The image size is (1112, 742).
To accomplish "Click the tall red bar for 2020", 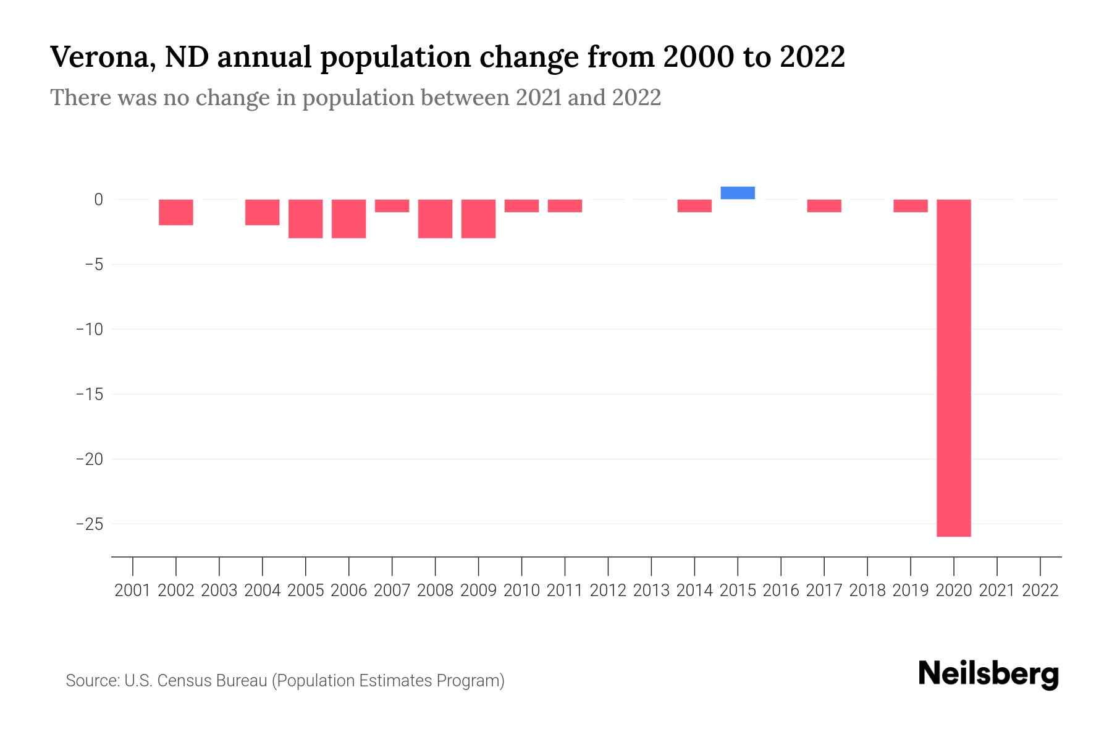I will click(x=954, y=368).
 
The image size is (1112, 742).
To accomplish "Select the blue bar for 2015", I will click(x=738, y=193).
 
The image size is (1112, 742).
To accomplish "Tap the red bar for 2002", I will click(x=176, y=212).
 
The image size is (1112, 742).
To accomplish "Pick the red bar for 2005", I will click(x=306, y=219).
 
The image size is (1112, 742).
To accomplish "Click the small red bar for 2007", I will click(x=392, y=206).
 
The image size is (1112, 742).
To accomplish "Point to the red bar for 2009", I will click(x=479, y=219).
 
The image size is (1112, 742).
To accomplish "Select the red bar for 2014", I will click(x=694, y=206).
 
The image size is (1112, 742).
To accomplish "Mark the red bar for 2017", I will click(x=824, y=206).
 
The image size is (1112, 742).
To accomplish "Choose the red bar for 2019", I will click(x=911, y=206).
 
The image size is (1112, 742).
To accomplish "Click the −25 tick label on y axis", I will click(x=90, y=524).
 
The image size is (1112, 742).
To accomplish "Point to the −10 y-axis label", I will click(x=90, y=329).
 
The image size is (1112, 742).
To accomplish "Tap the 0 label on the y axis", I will click(x=98, y=199).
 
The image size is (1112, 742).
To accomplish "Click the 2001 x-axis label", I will click(x=133, y=591).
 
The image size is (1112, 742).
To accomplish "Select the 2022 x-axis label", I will click(x=1040, y=591).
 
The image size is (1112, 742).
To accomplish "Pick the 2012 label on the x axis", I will click(x=608, y=591).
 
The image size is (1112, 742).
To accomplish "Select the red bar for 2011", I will click(x=565, y=206).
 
